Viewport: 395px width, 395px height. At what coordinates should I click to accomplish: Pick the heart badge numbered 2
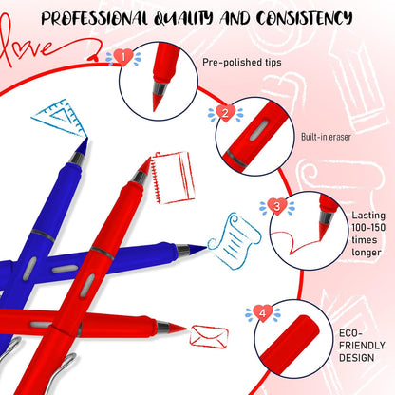(224, 112)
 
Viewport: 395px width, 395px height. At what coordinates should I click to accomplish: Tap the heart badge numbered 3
(275, 204)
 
